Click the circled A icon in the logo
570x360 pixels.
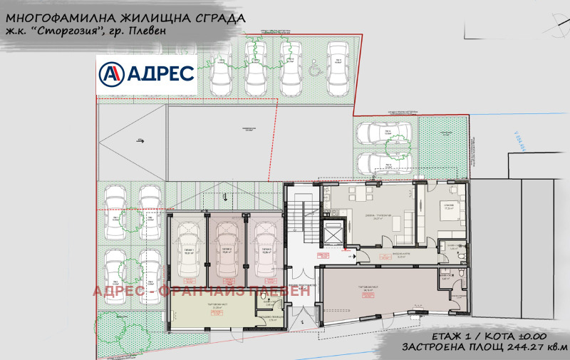tap(111, 73)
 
